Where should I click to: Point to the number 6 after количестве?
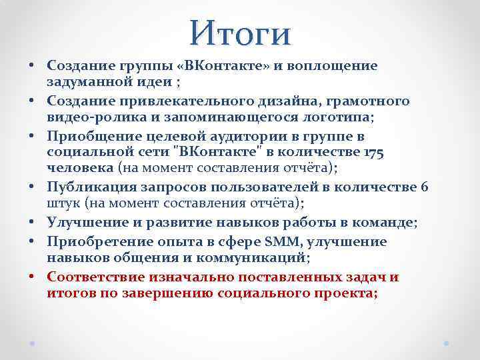[425, 187]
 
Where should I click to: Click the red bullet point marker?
[31, 277]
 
